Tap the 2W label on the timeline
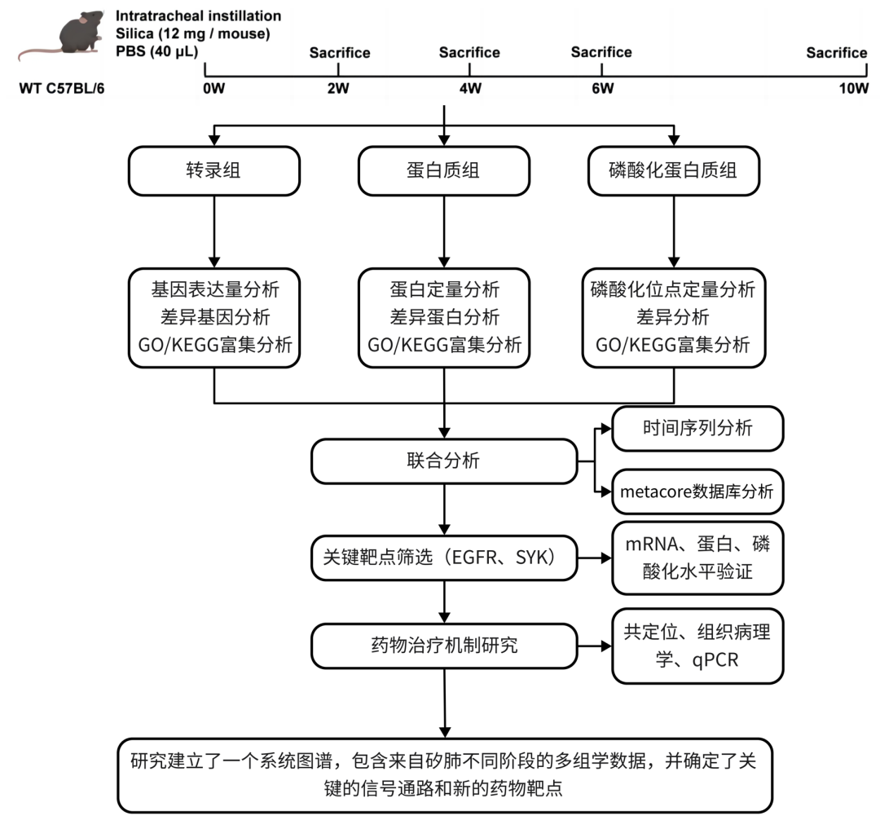point(337,89)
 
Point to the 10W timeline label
point(854,89)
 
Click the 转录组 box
point(213,170)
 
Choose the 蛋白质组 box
point(444,170)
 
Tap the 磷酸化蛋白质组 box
point(673,170)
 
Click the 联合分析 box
point(444,461)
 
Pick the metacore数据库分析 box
point(697,492)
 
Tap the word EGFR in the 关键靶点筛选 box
point(475,558)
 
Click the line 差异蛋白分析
point(444,317)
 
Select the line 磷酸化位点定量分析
point(673,289)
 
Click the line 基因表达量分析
point(213,289)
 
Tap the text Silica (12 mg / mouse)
point(192,33)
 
